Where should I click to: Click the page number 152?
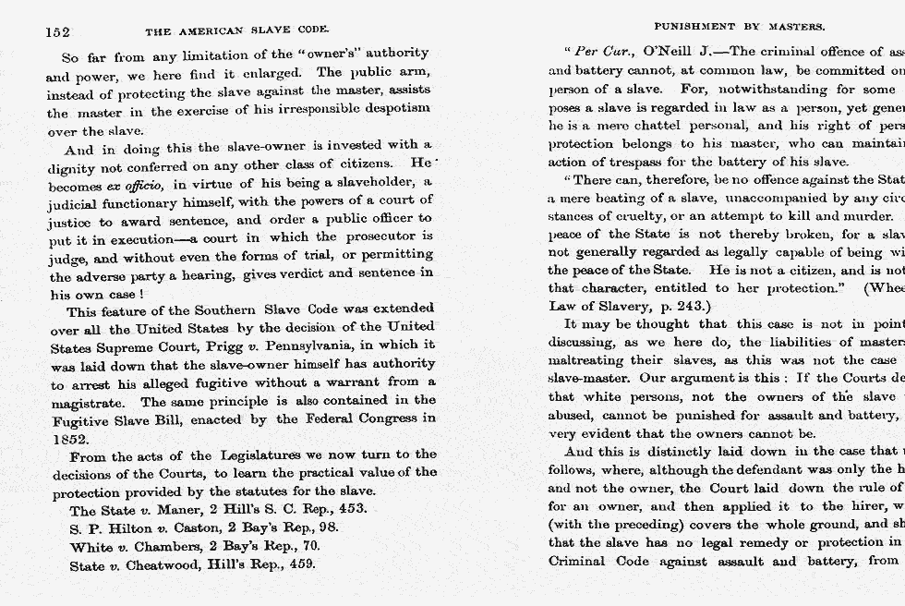[57, 31]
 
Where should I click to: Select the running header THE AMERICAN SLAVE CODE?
[237, 31]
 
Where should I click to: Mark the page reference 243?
[690, 306]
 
